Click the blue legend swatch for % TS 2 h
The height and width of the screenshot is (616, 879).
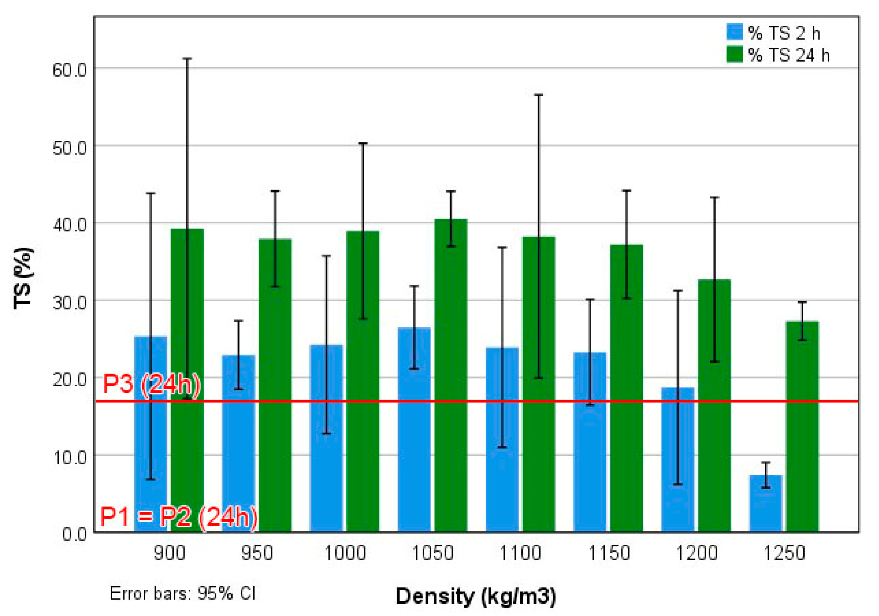[735, 32]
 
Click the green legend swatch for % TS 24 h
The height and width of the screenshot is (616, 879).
[735, 54]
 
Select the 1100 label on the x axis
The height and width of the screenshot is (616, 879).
[520, 553]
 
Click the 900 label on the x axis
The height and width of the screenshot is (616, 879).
[169, 553]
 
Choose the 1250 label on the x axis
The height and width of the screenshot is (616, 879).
[784, 553]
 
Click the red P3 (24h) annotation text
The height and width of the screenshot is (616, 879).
[151, 384]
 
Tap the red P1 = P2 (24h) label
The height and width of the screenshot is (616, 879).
[179, 517]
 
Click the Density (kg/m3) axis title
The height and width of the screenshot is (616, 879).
[475, 596]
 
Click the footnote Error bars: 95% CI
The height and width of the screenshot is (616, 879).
[183, 594]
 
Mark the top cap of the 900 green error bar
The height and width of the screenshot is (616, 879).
[187, 58]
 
